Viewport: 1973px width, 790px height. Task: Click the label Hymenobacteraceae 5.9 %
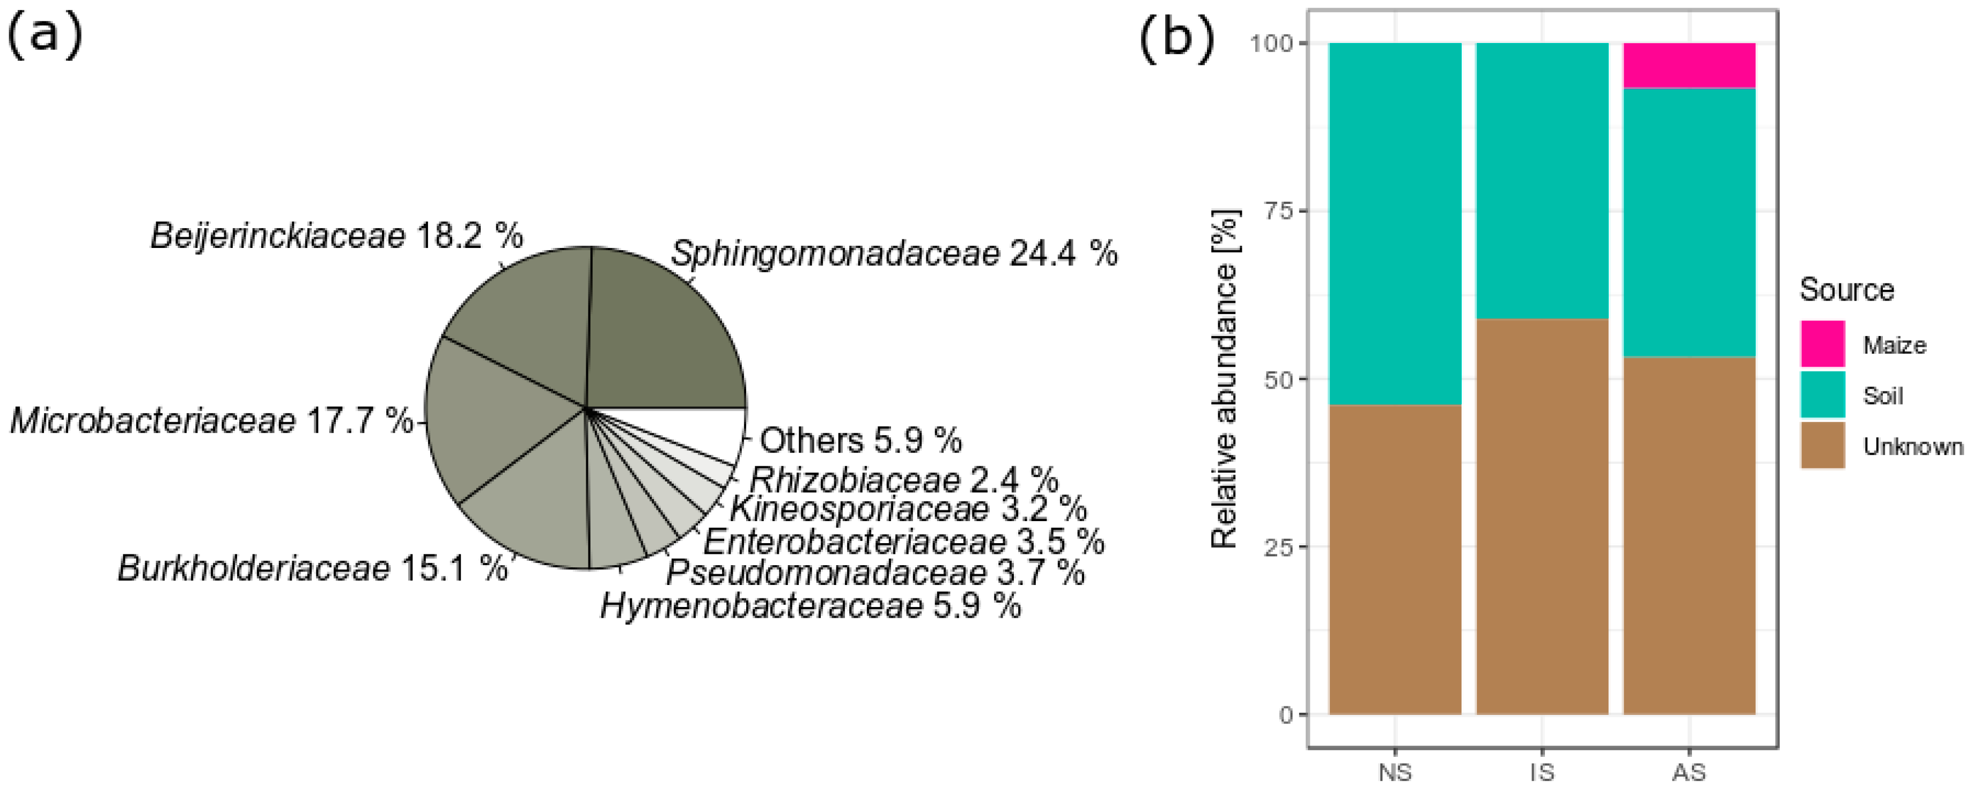[811, 606]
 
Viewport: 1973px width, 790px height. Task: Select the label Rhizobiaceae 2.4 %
[904, 480]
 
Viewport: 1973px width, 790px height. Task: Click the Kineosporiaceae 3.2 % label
[908, 508]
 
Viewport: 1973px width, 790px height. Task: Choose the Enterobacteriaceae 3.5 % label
[904, 542]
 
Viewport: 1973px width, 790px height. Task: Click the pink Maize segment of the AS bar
[1689, 65]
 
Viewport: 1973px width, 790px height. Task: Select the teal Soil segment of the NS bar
[1395, 222]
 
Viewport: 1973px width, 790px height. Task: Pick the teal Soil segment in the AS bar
[1689, 222]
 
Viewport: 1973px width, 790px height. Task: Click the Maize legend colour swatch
[1822, 344]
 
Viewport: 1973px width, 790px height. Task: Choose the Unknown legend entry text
[1912, 447]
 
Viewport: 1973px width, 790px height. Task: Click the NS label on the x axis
[1395, 772]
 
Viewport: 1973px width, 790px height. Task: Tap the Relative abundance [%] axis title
[1225, 379]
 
